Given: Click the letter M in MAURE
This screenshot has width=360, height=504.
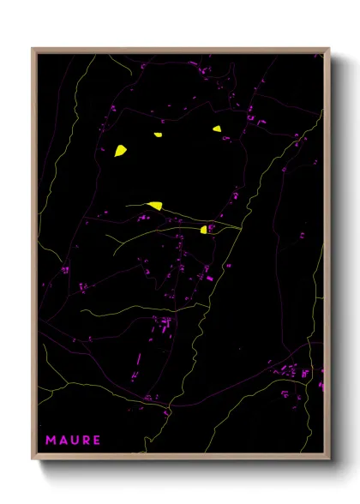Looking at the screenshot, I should click(x=51, y=441).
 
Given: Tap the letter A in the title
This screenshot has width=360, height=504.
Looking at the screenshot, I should click(x=63, y=441).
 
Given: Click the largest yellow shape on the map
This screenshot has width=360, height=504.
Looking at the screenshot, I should click(x=121, y=151).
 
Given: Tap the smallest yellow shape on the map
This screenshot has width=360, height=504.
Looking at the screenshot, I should click(x=158, y=135).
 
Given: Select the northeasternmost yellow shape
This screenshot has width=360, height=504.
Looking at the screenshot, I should click(x=218, y=129).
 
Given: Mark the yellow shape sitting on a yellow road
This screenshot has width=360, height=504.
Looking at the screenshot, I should click(x=155, y=205).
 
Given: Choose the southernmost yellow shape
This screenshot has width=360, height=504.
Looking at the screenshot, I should click(x=204, y=230).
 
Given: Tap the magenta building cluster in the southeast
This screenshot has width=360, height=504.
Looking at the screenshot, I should click(x=291, y=372).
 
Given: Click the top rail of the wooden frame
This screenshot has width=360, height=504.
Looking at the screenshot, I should click(x=180, y=49).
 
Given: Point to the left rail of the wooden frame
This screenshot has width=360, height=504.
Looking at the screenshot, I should click(x=33, y=257).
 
